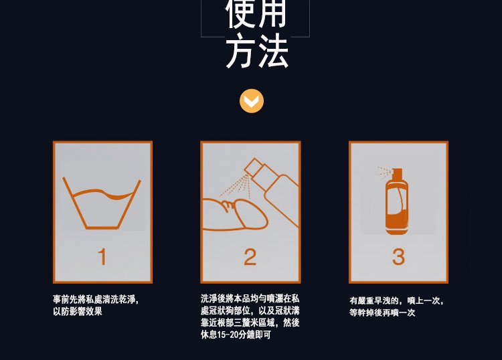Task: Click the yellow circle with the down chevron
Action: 252,101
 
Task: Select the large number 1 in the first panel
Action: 102,257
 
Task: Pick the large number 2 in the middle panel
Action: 250,257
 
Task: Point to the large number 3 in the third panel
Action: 399,257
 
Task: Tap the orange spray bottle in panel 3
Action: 397,201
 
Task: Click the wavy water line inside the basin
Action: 103,193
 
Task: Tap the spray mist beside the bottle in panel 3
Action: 384,172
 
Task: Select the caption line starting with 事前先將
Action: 96,300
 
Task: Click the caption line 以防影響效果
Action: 78,311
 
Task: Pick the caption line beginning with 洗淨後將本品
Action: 250,299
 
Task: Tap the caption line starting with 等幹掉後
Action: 382,312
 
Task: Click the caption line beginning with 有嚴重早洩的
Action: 397,301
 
